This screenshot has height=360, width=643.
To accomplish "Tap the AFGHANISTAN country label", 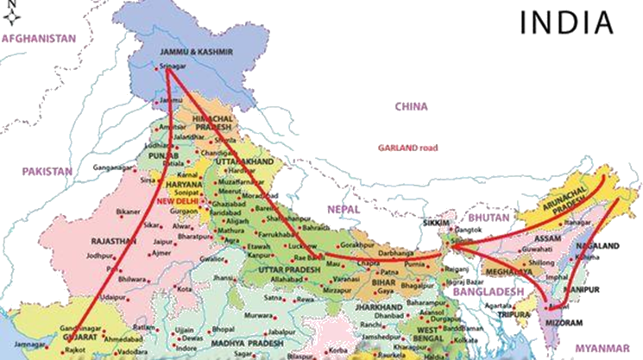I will (39, 39).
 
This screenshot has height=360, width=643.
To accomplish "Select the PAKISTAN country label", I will (47, 172).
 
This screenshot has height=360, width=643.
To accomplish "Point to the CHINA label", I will (411, 106).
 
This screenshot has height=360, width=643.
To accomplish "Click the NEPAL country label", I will (343, 209).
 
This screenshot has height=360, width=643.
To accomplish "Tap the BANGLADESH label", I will (485, 293).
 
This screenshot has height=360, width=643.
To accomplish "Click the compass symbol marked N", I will (9, 11).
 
